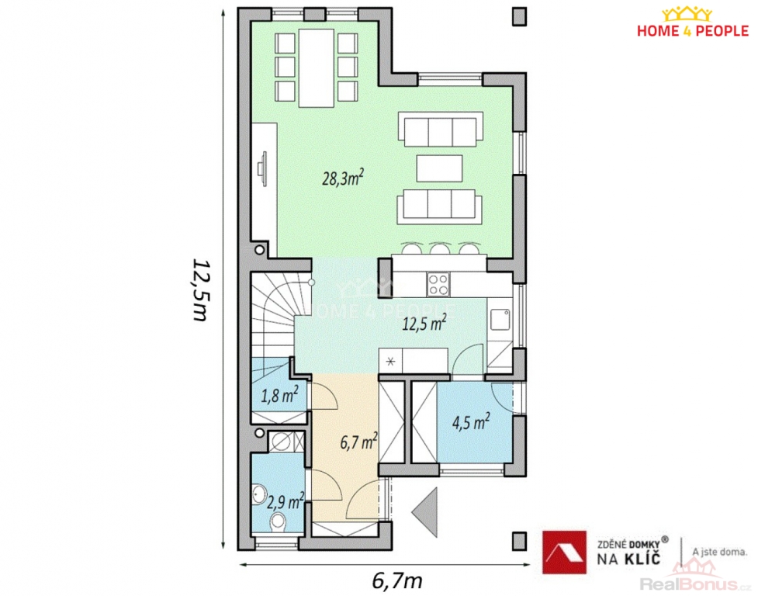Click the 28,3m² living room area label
click(x=343, y=178)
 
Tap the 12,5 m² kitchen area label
click(x=424, y=323)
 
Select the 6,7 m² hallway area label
click(x=358, y=441)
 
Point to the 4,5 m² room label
click(x=471, y=421)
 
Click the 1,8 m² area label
click(x=279, y=395)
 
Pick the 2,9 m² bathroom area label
click(x=286, y=501)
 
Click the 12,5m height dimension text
click(x=200, y=290)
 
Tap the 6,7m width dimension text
click(x=397, y=580)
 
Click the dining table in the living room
click(x=317, y=68)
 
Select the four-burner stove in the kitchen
click(x=438, y=284)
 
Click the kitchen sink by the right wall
click(x=500, y=320)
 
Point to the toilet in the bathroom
click(x=278, y=521)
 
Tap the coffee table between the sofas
click(x=439, y=168)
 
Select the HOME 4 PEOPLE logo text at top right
click(x=692, y=31)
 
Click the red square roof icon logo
click(x=564, y=553)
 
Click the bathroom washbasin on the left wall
click(x=259, y=494)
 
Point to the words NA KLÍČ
click(x=628, y=559)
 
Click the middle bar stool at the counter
click(x=440, y=248)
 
